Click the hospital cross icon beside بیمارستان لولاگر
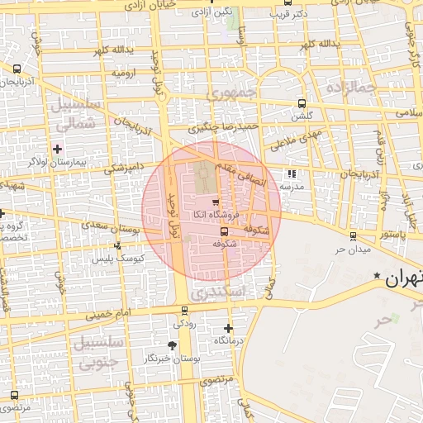pos(57,149)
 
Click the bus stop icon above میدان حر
pos(353,236)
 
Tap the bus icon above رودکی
pos(183,311)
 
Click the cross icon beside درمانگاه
pos(228,329)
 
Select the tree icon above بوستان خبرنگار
pos(172,345)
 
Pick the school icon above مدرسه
pos(291,174)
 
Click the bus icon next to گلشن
pos(302,104)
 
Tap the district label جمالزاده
pos(350,86)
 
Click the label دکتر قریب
pos(293,13)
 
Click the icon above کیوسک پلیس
pos(118,245)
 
